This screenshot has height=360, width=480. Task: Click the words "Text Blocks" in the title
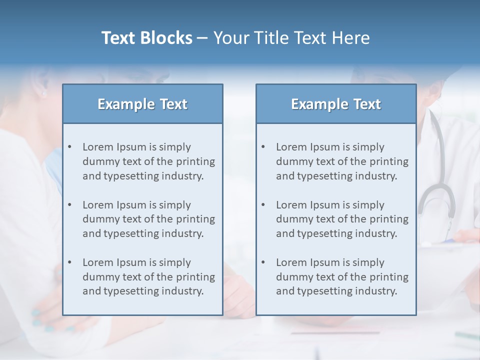tap(146, 38)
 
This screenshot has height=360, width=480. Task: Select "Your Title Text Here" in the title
tap(291, 38)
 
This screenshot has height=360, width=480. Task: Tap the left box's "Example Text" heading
tap(142, 104)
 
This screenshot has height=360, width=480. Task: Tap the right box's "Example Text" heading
tap(336, 104)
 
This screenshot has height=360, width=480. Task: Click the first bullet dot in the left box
tap(70, 147)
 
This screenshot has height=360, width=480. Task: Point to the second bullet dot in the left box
tap(70, 205)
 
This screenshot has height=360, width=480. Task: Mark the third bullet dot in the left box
tap(70, 262)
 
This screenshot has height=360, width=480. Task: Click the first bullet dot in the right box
tap(263, 147)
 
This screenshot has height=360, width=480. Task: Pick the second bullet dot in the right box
tap(263, 205)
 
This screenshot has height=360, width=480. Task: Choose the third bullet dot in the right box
tap(263, 262)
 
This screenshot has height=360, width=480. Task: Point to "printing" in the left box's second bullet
tap(196, 219)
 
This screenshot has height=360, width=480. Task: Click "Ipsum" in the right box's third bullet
tap(324, 262)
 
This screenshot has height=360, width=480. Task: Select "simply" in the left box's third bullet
tap(174, 262)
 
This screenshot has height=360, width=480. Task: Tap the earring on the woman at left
tap(43, 93)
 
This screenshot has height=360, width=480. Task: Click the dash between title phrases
tap(202, 38)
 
